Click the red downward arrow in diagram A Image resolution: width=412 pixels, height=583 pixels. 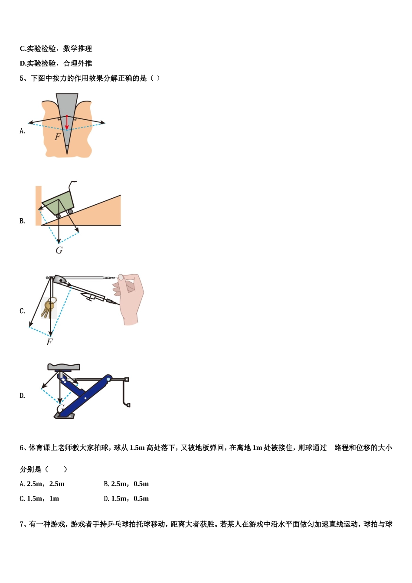pyautogui.click(x=66, y=122)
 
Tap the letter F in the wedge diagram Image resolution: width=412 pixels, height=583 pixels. pyautogui.click(x=58, y=137)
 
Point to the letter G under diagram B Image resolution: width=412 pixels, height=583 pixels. pyautogui.click(x=59, y=250)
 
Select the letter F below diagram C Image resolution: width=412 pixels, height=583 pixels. pyautogui.click(x=49, y=342)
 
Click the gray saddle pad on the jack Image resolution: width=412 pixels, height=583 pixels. pyautogui.click(x=64, y=367)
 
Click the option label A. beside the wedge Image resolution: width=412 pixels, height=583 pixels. pyautogui.click(x=22, y=131)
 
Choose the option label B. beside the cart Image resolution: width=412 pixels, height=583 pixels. pyautogui.click(x=22, y=221)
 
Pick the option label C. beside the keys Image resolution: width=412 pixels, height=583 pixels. pyautogui.click(x=22, y=311)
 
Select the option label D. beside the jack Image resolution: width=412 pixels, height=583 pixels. pyautogui.click(x=22, y=396)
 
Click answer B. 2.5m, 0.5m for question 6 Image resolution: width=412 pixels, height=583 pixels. pyautogui.click(x=126, y=484)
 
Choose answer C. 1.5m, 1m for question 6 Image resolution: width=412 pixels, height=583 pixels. pyautogui.click(x=39, y=498)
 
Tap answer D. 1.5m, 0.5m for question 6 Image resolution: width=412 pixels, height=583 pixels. pyautogui.click(x=126, y=498)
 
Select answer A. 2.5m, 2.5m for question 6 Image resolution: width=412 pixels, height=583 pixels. pyautogui.click(x=42, y=484)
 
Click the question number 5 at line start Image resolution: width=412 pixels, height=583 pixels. pyautogui.click(x=22, y=78)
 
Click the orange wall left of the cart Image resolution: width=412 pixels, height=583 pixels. pyautogui.click(x=39, y=205)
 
